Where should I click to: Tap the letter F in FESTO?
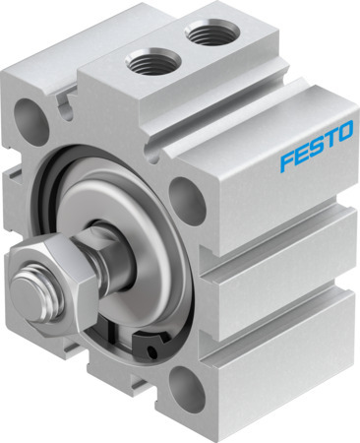pyautogui.click(x=284, y=162)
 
